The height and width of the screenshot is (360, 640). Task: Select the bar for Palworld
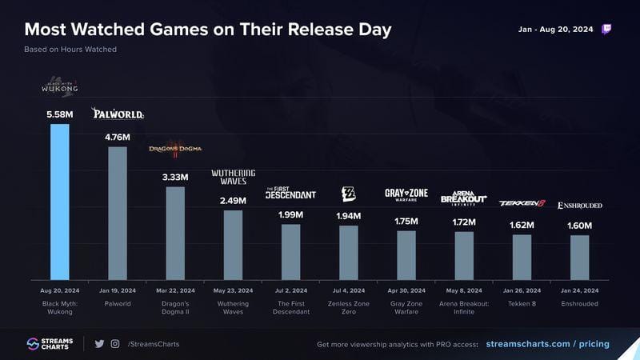tap(118, 213)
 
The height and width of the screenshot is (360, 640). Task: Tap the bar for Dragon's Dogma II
tap(175, 233)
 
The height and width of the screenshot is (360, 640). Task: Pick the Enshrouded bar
tap(579, 257)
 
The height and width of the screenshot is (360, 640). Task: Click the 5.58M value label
tap(60, 114)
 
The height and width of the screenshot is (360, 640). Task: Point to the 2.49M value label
tap(233, 200)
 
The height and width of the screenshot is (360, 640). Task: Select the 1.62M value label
tap(522, 225)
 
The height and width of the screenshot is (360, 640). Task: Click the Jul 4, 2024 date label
tap(349, 290)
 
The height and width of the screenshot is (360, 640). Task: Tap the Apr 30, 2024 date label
tap(406, 290)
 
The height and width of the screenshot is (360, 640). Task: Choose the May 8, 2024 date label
tap(464, 290)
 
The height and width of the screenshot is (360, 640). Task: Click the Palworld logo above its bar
tap(118, 114)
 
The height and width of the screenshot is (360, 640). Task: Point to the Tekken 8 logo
tap(522, 203)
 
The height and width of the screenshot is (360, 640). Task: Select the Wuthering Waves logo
tap(233, 177)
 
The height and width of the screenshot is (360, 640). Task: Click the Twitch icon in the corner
tap(607, 30)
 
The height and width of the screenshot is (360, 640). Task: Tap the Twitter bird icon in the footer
tap(99, 344)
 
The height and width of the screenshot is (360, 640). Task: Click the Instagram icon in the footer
tap(115, 344)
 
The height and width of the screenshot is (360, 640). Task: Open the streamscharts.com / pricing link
tap(547, 344)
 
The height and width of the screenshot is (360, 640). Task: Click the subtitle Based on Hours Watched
tap(70, 50)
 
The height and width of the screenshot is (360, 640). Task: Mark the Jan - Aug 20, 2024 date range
tap(555, 30)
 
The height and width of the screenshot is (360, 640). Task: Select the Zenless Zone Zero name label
tap(349, 308)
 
